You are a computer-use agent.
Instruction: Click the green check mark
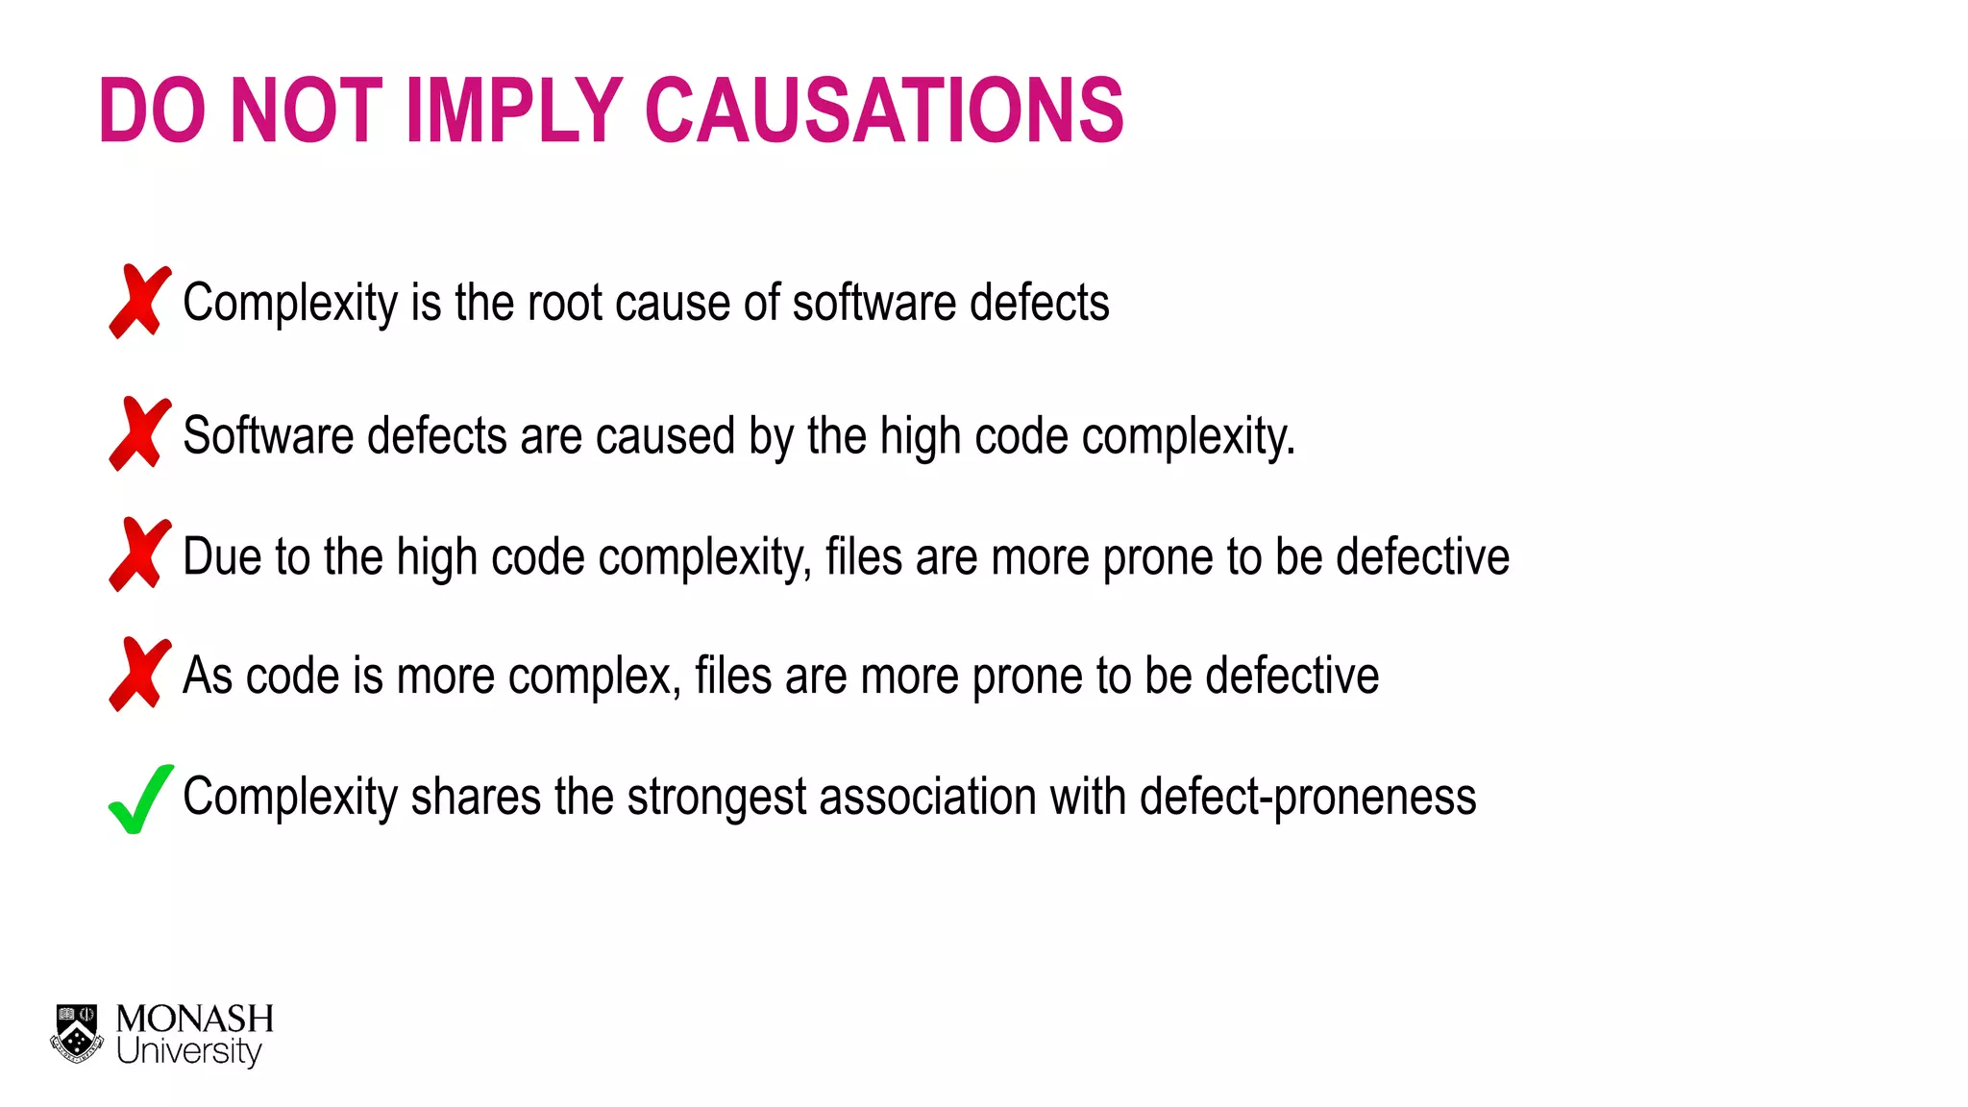(x=140, y=799)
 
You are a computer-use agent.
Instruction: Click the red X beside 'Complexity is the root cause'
(x=140, y=302)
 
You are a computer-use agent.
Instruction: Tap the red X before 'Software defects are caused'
(x=140, y=434)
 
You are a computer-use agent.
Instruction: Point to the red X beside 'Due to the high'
(x=140, y=555)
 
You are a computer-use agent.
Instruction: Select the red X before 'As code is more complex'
(x=140, y=675)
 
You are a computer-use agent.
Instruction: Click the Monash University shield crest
(x=77, y=1034)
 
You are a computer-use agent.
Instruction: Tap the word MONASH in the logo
(x=195, y=1019)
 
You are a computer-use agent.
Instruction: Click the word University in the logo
(x=188, y=1051)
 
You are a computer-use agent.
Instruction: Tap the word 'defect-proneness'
(x=1307, y=798)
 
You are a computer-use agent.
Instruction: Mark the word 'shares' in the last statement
(x=476, y=798)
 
